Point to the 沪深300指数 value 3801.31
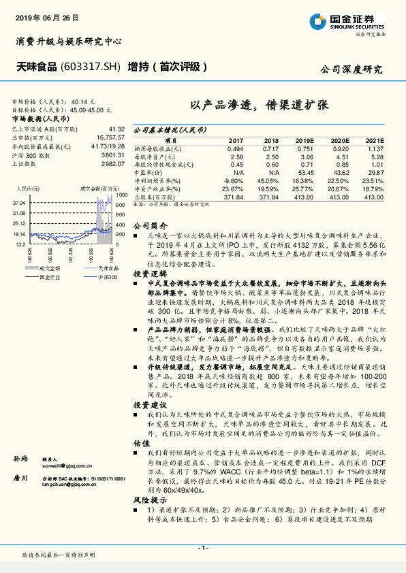click(x=114, y=156)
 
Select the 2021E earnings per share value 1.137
click(x=375, y=148)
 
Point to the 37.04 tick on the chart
click(x=18, y=203)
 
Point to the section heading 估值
click(x=141, y=442)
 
